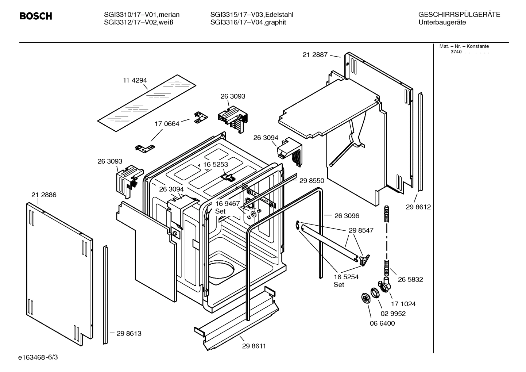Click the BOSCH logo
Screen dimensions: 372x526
click(x=35, y=16)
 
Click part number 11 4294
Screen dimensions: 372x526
click(x=135, y=80)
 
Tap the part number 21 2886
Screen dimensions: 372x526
click(x=44, y=195)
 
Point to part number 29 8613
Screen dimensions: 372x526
click(x=129, y=333)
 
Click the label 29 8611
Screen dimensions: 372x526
click(x=254, y=346)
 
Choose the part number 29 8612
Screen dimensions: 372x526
click(x=418, y=207)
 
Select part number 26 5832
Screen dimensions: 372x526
click(x=410, y=279)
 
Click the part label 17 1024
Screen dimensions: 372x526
click(x=403, y=304)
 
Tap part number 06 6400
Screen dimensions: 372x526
click(x=382, y=323)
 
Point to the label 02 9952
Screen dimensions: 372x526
click(x=393, y=314)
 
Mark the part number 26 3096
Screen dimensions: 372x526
click(x=347, y=216)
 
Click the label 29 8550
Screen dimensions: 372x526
click(x=312, y=180)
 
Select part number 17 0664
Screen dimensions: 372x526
click(x=167, y=124)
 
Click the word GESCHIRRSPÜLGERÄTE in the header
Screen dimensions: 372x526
click(x=459, y=15)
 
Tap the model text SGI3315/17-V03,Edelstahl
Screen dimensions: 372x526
click(x=252, y=15)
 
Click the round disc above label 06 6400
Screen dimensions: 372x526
click(x=364, y=298)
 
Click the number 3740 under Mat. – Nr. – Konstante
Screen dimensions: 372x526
click(x=456, y=52)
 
